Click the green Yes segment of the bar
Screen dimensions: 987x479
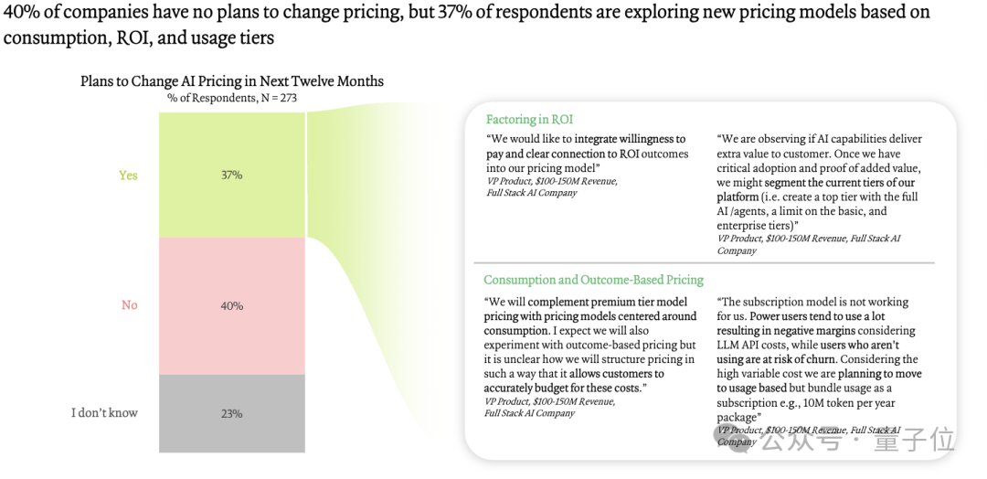231,175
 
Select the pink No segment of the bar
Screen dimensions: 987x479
231,306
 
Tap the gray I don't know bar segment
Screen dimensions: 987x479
231,413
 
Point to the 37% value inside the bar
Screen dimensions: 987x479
231,175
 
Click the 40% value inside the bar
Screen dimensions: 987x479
231,306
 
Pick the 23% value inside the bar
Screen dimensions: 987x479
231,413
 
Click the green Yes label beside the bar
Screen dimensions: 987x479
129,175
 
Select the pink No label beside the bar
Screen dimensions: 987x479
129,305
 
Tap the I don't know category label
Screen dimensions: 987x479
104,413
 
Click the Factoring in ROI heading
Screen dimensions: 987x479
529,120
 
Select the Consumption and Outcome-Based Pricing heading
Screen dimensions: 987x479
594,280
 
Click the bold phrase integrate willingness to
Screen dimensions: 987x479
630,139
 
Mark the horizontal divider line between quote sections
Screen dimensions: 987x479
704,262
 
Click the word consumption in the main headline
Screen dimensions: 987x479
56,37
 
